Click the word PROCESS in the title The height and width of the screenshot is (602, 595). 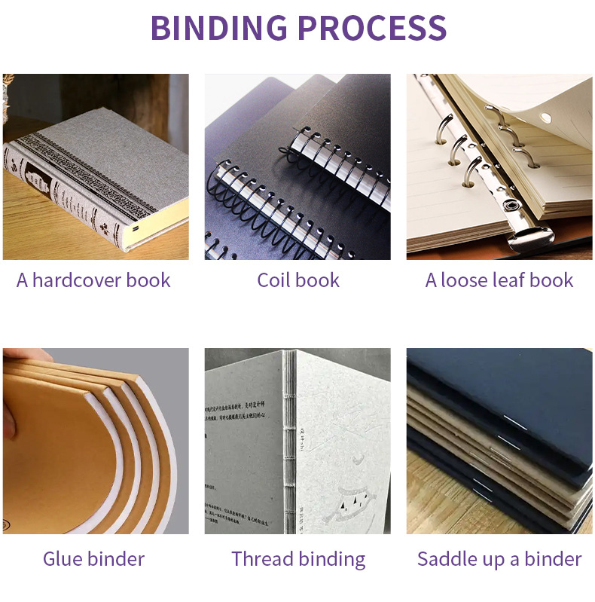[371, 28]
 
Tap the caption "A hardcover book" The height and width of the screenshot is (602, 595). [93, 280]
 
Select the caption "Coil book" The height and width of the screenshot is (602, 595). [298, 280]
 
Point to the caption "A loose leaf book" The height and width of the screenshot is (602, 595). [499, 280]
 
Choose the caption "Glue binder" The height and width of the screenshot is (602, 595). [93, 559]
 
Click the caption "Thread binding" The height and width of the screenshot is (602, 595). [298, 559]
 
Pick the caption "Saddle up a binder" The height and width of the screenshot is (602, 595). [499, 559]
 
